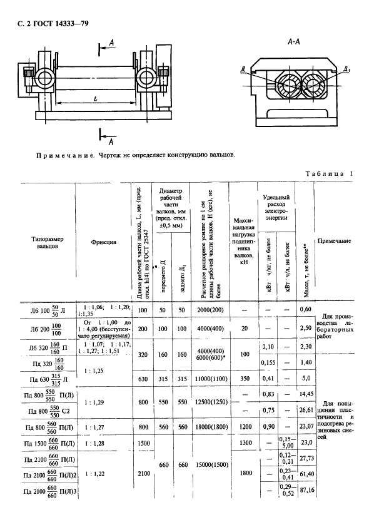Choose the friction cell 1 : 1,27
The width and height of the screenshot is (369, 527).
[x=103, y=426]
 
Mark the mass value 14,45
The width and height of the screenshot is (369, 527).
[x=306, y=393]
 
